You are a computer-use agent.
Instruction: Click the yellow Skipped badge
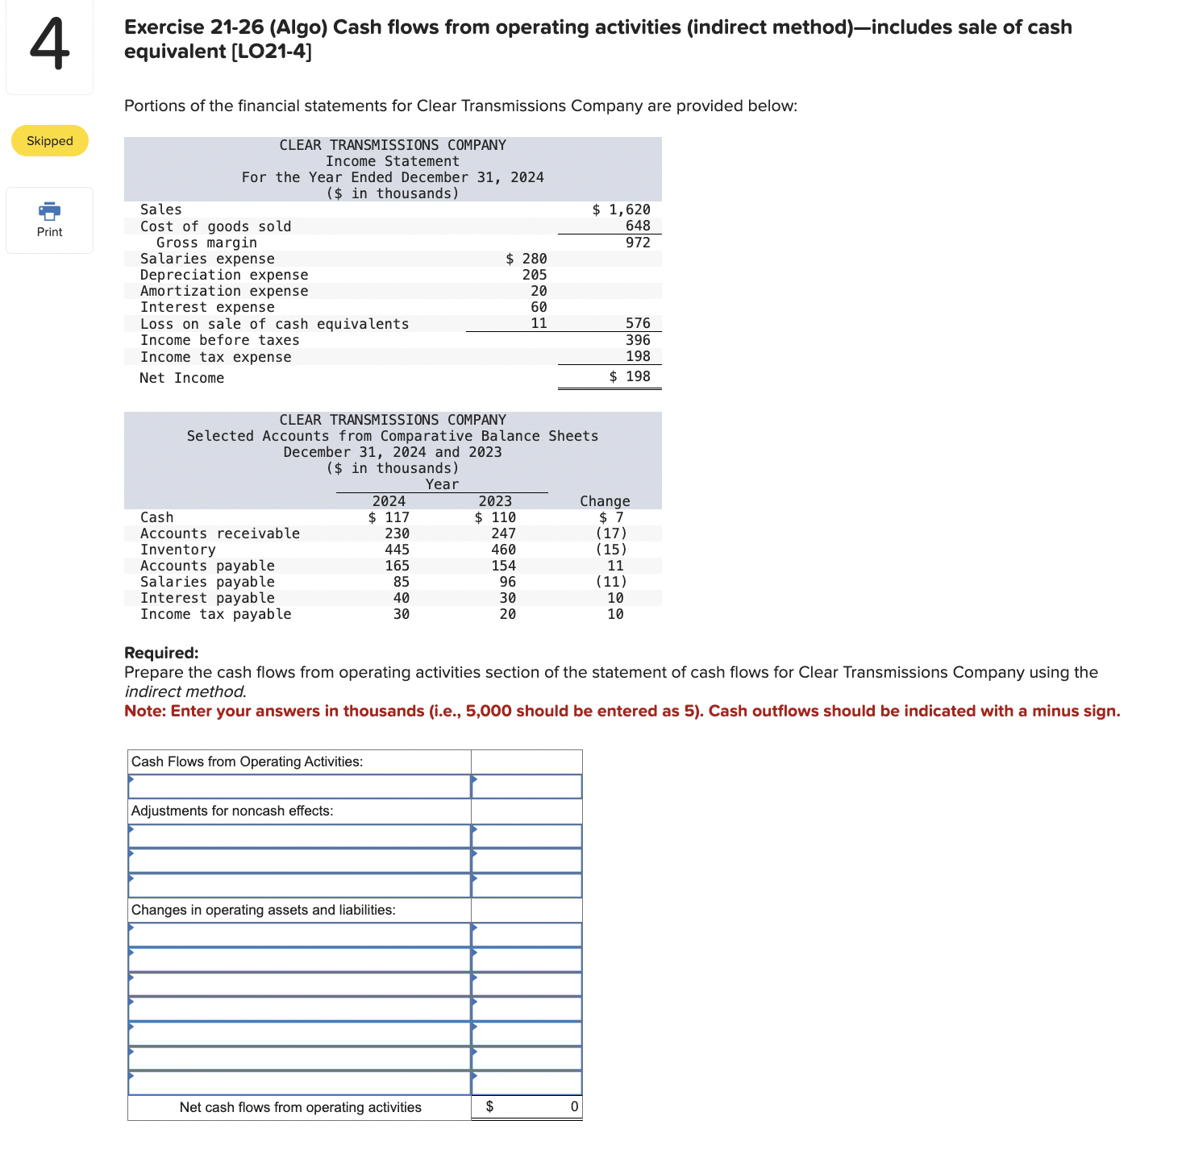click(50, 141)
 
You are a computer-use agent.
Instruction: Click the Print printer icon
click(49, 211)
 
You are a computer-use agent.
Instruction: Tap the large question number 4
click(48, 47)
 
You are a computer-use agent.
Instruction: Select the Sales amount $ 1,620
click(621, 210)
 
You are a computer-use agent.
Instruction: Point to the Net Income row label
click(181, 378)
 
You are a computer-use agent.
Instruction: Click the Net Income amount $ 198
click(630, 376)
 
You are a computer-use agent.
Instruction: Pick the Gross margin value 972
click(638, 243)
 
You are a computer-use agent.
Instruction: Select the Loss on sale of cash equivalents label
click(274, 324)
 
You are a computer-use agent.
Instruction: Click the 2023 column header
click(495, 501)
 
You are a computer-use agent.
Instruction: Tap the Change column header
click(605, 501)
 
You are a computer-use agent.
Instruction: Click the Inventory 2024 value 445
click(397, 550)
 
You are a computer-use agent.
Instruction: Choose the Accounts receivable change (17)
click(611, 533)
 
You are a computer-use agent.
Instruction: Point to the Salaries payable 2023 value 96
click(507, 582)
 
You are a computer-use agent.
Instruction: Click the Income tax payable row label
click(215, 614)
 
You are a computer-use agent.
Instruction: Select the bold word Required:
click(161, 653)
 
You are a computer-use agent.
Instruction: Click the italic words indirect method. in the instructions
click(185, 691)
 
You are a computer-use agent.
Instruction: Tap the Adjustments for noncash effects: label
click(232, 811)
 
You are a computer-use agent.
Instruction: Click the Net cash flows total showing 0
click(573, 1106)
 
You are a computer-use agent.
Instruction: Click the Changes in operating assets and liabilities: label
click(263, 910)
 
